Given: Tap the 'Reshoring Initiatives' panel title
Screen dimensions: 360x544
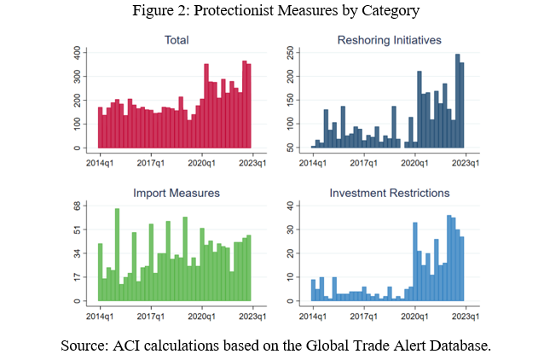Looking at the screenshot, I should coord(389,40).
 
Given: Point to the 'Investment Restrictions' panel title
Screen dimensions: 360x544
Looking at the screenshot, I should coord(389,193).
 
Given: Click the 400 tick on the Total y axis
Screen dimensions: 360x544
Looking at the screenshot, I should coord(78,53).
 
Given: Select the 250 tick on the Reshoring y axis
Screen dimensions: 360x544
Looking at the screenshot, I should coord(291,53).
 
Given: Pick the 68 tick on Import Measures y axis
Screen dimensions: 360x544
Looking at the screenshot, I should coord(78,206).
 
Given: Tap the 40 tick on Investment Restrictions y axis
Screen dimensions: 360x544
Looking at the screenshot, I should coord(291,206).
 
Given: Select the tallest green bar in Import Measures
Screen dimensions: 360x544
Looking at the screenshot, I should coord(117,256).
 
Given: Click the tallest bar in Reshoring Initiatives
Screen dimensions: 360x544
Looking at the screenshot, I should coord(457,102).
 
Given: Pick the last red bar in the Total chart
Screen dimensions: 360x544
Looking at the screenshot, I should coord(249,107).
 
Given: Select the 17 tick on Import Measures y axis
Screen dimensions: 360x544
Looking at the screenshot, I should coord(78,277).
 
